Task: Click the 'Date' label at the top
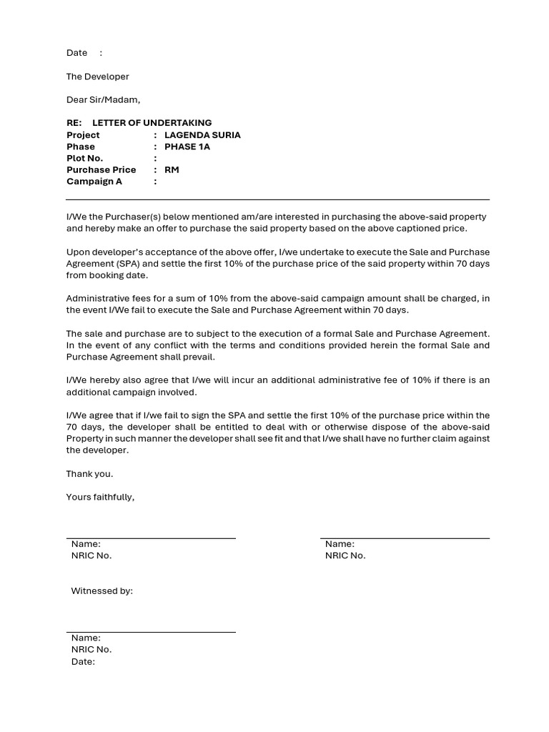tap(76, 53)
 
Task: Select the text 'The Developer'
tap(98, 76)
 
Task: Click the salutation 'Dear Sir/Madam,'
tap(104, 100)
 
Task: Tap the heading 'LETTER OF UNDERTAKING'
tap(152, 123)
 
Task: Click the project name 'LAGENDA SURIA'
tap(202, 135)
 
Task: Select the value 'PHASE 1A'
tap(187, 147)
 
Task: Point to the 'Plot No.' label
tap(84, 158)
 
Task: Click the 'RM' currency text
tap(172, 170)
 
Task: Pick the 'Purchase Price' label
tap(101, 170)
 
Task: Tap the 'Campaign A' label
tap(94, 182)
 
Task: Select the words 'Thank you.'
tap(89, 474)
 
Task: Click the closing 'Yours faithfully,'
tap(100, 497)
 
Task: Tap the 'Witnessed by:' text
tap(102, 591)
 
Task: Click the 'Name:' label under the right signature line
tap(340, 544)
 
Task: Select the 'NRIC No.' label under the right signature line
tap(345, 555)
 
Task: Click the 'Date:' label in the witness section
tap(83, 662)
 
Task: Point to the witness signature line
tap(151, 632)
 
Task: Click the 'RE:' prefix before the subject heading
tap(74, 123)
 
